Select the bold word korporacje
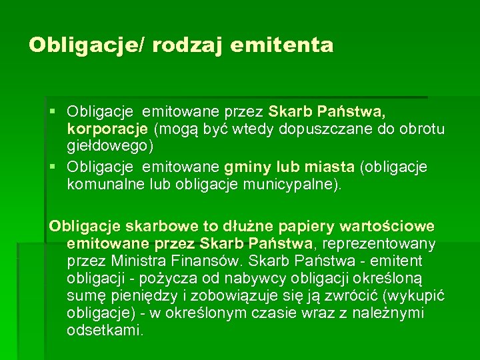coord(109,128)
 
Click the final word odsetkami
coord(105,329)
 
